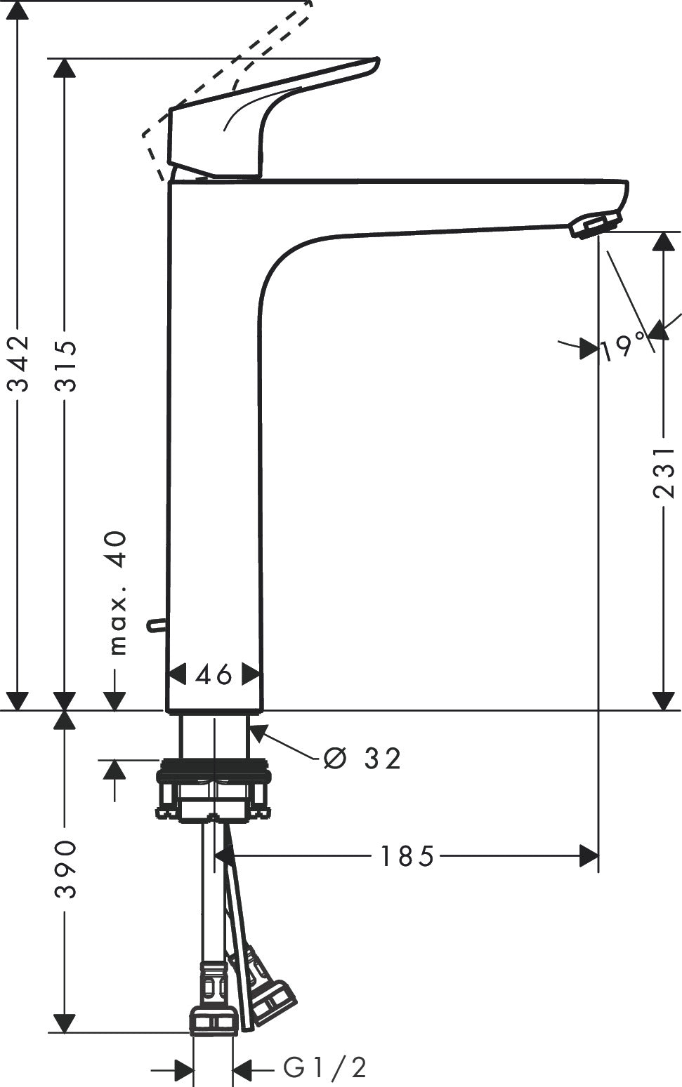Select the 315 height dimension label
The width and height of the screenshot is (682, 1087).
point(65,359)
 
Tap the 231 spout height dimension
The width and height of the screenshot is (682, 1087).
point(664,473)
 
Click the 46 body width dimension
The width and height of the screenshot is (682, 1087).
point(214,675)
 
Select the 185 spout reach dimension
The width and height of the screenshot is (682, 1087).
point(407,856)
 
